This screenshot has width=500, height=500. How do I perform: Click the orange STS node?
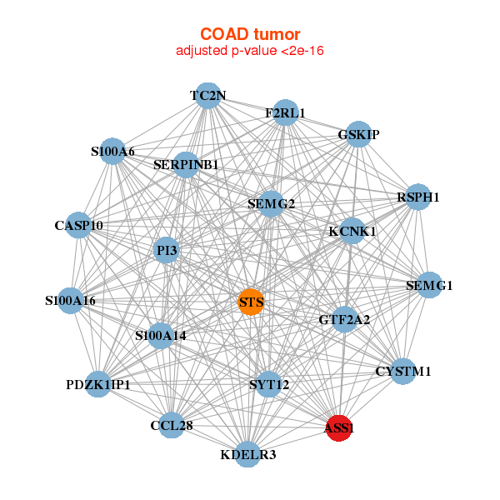click(x=251, y=302)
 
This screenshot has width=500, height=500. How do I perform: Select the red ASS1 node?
click(x=339, y=428)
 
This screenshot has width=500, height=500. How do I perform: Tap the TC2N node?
click(x=207, y=96)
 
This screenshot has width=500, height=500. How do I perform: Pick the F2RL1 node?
click(x=286, y=113)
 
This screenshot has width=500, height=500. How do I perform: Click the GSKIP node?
click(x=358, y=134)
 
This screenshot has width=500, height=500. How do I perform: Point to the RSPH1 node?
click(x=417, y=197)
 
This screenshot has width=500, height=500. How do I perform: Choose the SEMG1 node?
click(x=429, y=286)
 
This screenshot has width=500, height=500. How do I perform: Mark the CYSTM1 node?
click(x=403, y=371)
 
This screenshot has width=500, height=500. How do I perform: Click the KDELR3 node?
click(x=247, y=454)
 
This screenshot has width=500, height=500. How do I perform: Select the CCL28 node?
click(x=172, y=426)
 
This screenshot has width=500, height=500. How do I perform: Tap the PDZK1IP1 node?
click(x=98, y=384)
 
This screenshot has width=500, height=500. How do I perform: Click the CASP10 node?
click(x=78, y=226)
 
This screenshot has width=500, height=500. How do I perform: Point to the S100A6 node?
click(x=112, y=152)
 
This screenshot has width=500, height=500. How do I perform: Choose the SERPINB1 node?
click(x=186, y=165)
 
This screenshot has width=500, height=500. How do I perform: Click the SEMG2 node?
click(x=271, y=203)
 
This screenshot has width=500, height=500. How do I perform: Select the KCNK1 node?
click(x=352, y=231)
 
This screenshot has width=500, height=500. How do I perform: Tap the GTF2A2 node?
click(x=345, y=319)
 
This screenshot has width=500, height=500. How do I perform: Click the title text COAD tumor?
click(x=250, y=34)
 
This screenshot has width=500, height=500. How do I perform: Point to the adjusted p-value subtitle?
click(x=250, y=51)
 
